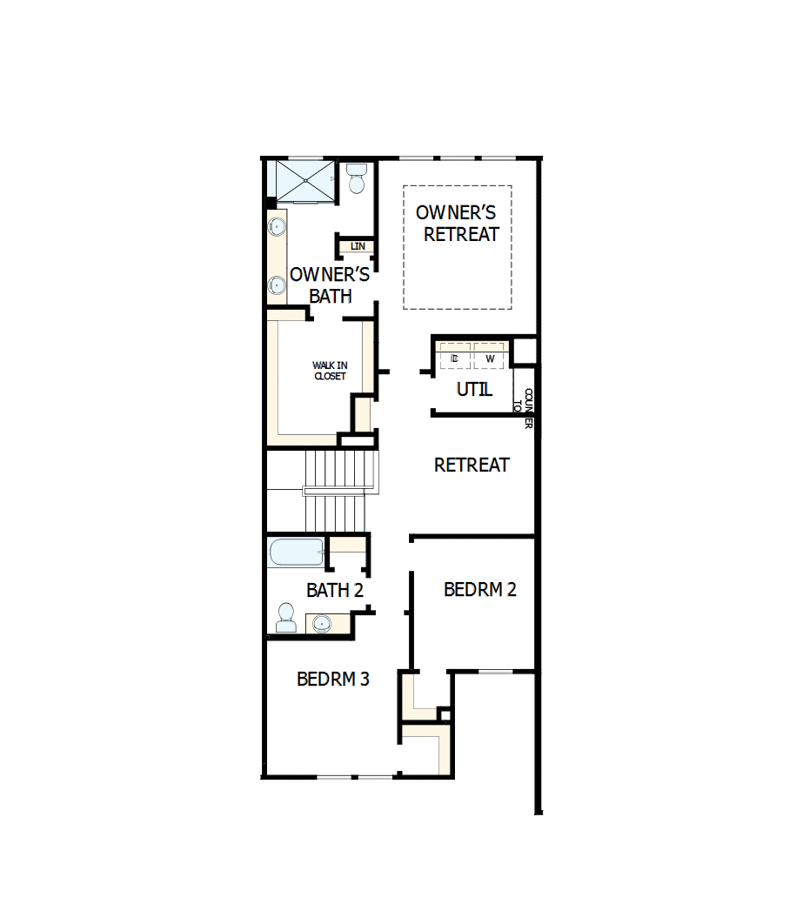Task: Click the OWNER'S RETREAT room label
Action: coord(457,224)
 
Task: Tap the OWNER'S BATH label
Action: coord(330,285)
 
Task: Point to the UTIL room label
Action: coord(474,390)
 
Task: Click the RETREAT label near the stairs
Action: coord(472,466)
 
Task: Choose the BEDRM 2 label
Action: coord(480,590)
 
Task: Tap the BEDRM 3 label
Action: coord(333,680)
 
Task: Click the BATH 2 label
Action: coord(334,591)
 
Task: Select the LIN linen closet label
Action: coord(358,247)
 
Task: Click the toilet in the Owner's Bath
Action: coord(356,180)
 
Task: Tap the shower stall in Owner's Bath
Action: coord(304,180)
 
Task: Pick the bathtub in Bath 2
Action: coord(297,553)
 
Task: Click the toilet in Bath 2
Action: coord(285,618)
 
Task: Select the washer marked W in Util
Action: coord(490,358)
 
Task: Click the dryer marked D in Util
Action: coord(454,358)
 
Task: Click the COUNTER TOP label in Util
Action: coord(525,405)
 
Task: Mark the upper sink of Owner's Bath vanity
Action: coord(276,228)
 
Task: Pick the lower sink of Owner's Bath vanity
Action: coord(276,285)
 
